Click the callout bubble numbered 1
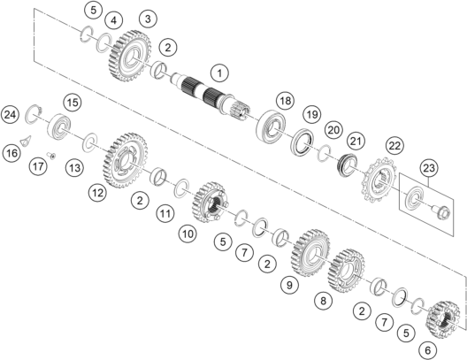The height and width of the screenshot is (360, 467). pos(219,73)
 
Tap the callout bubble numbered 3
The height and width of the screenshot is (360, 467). pos(148,19)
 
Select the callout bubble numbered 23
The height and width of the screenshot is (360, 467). pos(429,168)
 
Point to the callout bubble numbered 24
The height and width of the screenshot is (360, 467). pos(10,114)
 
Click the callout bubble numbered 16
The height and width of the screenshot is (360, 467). pos(11,153)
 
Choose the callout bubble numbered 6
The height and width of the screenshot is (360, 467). pos(427,350)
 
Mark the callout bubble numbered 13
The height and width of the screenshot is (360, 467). pos(74,168)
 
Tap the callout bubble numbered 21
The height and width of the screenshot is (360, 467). pos(356,141)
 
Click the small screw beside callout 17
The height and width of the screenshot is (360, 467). pos(51,156)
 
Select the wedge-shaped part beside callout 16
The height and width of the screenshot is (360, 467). pos(26,141)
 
